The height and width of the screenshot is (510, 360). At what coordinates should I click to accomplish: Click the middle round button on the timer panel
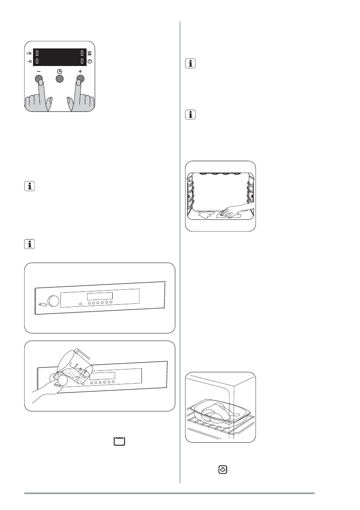[x=59, y=78]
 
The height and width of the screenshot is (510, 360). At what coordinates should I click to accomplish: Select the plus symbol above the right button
[x=80, y=71]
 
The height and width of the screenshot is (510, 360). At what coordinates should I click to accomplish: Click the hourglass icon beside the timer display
[x=90, y=54]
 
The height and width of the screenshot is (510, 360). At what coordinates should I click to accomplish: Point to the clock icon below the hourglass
[x=90, y=62]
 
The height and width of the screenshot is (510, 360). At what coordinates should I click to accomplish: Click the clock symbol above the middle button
[x=59, y=71]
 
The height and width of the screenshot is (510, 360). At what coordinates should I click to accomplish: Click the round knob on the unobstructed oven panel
[x=54, y=301]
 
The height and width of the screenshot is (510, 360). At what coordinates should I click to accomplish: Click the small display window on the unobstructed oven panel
[x=100, y=296]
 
